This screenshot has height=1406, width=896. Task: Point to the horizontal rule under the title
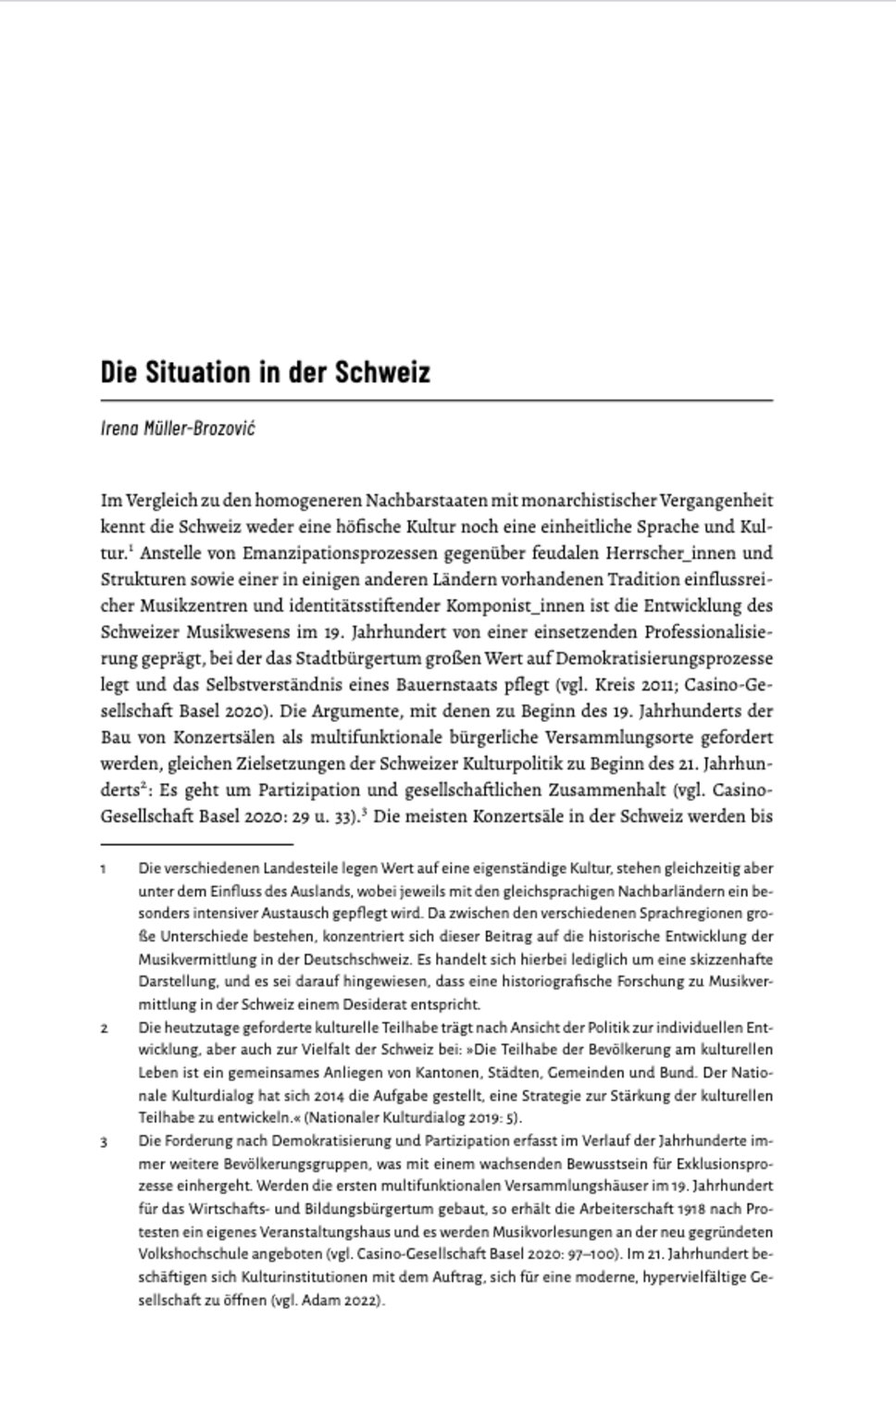(436, 400)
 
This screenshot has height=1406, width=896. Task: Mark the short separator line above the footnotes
(196, 844)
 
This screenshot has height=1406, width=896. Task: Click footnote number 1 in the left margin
(104, 869)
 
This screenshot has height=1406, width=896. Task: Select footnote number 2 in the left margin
(104, 1027)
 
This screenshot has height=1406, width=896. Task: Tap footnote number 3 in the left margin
(104, 1141)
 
